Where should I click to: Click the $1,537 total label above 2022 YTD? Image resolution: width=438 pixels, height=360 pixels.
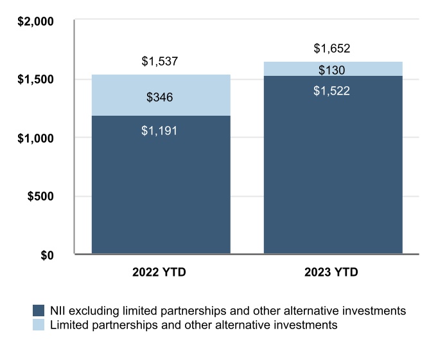click(159, 62)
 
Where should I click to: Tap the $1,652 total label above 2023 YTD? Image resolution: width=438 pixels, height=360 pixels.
click(331, 48)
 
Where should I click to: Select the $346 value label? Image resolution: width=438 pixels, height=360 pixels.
click(159, 98)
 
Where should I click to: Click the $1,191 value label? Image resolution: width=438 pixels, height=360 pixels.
click(159, 130)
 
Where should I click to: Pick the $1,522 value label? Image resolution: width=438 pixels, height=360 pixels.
click(331, 91)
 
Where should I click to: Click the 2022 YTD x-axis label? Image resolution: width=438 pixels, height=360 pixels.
click(160, 273)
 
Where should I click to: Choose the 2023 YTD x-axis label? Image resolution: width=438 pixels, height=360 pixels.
click(332, 273)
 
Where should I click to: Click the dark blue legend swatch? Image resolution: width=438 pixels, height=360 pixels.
click(37, 310)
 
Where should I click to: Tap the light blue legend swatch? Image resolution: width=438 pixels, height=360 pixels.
click(37, 325)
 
